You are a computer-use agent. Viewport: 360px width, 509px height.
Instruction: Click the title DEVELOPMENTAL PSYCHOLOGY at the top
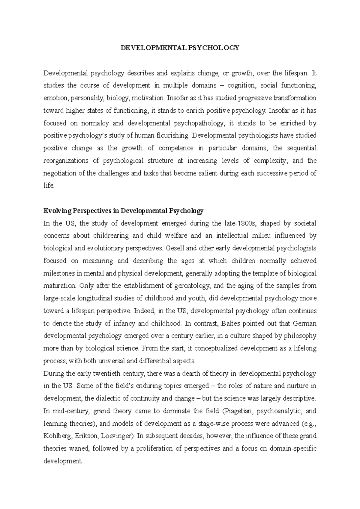tap(180, 48)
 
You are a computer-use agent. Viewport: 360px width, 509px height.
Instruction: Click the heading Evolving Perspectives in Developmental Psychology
tap(123, 211)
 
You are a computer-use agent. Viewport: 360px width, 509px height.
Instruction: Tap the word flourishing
tap(172, 136)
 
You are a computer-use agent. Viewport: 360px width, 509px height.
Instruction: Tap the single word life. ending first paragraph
tap(49, 186)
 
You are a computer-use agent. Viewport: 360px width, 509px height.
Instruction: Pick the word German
tap(304, 323)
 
